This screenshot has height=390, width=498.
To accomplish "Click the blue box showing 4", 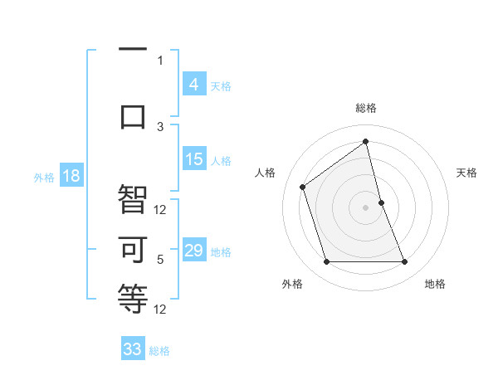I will pyautogui.click(x=193, y=84).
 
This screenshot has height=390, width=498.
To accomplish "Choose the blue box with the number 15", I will pyautogui.click(x=194, y=159).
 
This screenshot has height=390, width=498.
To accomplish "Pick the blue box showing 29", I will pyautogui.click(x=194, y=251).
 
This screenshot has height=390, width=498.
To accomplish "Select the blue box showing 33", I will pyautogui.click(x=133, y=349).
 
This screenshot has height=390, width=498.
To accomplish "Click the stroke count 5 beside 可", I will pyautogui.click(x=160, y=260).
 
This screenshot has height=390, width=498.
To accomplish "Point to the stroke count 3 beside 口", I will pyautogui.click(x=160, y=126).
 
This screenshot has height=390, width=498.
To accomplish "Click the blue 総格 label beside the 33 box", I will pyautogui.click(x=159, y=351).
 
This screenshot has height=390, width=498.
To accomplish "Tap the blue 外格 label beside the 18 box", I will pyautogui.click(x=44, y=177).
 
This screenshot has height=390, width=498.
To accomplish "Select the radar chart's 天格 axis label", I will pyautogui.click(x=466, y=173).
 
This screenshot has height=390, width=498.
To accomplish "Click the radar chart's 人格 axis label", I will pyautogui.click(x=266, y=173).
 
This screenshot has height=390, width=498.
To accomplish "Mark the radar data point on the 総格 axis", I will pyautogui.click(x=365, y=142).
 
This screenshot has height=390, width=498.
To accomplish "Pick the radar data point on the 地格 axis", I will pyautogui.click(x=405, y=262).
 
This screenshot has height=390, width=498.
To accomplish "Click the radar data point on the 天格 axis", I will pyautogui.click(x=381, y=202).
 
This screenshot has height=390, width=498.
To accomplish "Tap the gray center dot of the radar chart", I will pyautogui.click(x=365, y=207).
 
